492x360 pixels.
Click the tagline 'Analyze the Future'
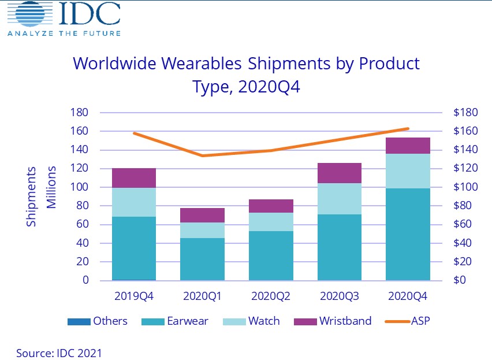coord(64,33)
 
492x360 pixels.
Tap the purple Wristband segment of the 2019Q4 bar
coord(134,178)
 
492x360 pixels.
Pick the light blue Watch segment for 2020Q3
coord(340,199)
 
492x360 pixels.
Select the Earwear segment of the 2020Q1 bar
coord(203,259)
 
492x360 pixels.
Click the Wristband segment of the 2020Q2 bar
coord(271,206)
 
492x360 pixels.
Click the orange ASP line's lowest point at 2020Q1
coord(203,155)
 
